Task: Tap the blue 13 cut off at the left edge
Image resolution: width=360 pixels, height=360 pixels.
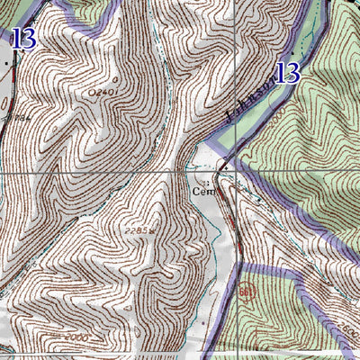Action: (x=24, y=38)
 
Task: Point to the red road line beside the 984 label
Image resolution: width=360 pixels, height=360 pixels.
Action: (x=4, y=99)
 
